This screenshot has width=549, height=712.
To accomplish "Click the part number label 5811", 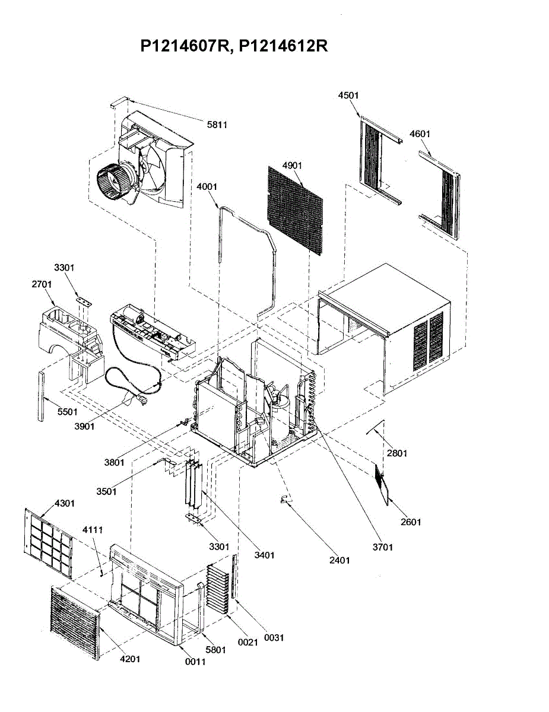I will coord(217,125).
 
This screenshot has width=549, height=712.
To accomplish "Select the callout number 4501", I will coord(348,96).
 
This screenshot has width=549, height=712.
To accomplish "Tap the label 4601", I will coord(420,134).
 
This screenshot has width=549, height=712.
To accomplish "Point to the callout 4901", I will coord(293,165).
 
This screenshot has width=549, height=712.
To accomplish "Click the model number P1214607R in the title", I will coord(185,46).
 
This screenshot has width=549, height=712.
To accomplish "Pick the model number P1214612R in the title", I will coord(284,46).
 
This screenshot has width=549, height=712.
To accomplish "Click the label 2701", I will coord(42,285).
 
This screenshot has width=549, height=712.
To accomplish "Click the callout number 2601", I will coord(411,522).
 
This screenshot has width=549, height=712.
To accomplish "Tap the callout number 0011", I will coord(195,662).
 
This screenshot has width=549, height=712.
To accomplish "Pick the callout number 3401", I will coord(264,555).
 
